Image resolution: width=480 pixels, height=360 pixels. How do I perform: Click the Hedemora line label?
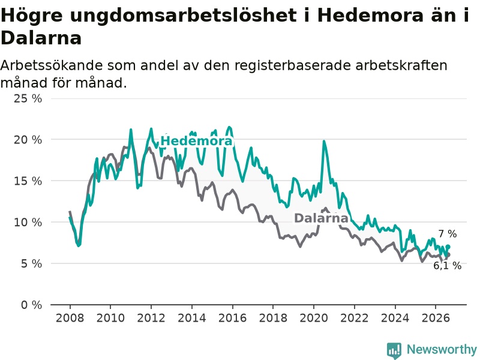[x=197, y=141]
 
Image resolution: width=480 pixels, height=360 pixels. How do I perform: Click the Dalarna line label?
[x=321, y=218]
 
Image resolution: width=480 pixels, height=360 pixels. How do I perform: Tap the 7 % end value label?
[x=448, y=234]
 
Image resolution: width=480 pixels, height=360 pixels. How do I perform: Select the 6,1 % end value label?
[x=447, y=265]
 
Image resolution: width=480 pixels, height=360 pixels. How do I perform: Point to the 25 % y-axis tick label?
[x=28, y=98]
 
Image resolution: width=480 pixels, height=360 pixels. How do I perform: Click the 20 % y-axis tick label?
[x=28, y=140]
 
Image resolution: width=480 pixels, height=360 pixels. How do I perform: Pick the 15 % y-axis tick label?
[x=28, y=181]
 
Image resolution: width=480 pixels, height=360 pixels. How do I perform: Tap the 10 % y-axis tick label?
[x=28, y=222]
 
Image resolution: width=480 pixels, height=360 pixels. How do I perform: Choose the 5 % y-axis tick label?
[x=32, y=263]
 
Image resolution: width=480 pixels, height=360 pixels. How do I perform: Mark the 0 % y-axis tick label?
[x=32, y=305]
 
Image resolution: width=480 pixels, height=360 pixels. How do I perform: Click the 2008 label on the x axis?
[x=70, y=318]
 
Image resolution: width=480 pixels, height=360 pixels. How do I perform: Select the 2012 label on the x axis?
[x=151, y=318]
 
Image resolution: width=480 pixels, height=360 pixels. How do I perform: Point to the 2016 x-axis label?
[x=232, y=318]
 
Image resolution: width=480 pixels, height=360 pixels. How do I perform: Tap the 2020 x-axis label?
[x=314, y=318]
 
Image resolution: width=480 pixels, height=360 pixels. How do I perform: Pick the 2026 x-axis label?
[x=436, y=318]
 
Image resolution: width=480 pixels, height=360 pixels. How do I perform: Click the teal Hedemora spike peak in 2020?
[x=324, y=141]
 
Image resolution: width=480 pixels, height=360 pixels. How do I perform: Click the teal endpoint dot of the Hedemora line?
[x=448, y=247]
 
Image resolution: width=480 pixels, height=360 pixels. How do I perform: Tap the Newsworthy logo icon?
[x=394, y=350]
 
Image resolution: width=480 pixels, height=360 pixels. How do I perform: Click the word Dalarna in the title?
[x=41, y=38]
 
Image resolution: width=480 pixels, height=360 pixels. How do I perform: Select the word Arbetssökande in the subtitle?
[x=52, y=65]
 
